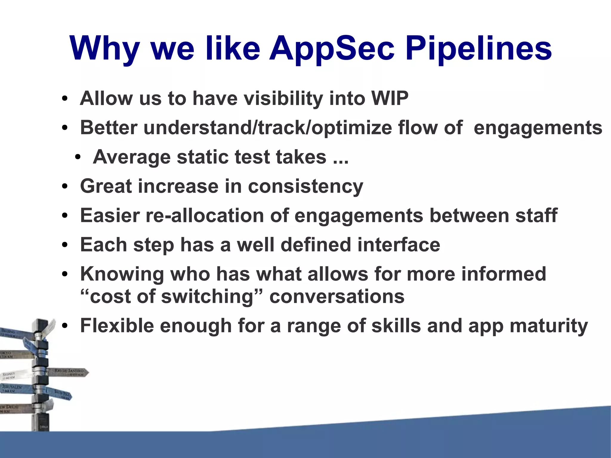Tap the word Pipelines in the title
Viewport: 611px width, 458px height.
tap(479, 48)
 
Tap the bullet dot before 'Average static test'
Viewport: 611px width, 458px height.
tap(78, 157)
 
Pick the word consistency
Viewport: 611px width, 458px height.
tap(305, 186)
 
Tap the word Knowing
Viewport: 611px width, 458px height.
tap(122, 274)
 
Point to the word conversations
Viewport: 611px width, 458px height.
tap(337, 297)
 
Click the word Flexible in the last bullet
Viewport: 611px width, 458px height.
tap(117, 326)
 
